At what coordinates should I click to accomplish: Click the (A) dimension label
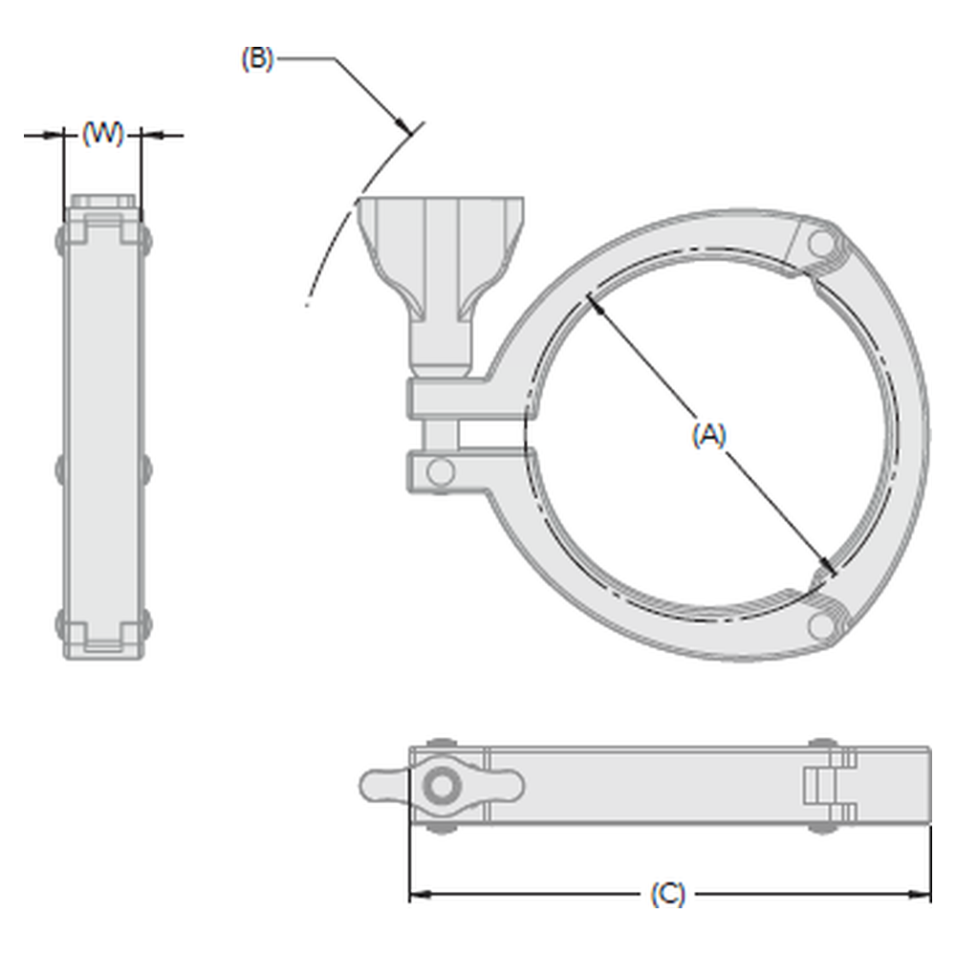coord(709,435)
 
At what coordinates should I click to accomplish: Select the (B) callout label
coord(258,59)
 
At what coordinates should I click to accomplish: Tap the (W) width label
coord(102,134)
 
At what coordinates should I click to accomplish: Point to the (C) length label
coord(667,895)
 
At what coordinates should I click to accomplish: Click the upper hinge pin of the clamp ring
coord(821,244)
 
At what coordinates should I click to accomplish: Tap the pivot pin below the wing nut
coord(440,472)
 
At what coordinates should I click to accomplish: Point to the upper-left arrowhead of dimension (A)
coord(595,304)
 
